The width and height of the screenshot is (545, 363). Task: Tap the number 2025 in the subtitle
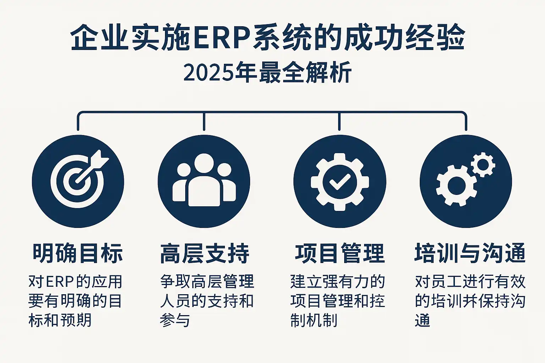[x=208, y=73]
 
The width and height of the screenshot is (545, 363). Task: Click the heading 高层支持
[x=205, y=253]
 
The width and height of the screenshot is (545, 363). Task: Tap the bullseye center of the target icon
[x=77, y=182]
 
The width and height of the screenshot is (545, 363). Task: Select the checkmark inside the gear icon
[x=340, y=181]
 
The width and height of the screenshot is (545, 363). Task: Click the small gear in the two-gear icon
[x=483, y=164]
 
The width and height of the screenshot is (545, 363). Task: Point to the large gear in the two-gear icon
[x=456, y=186]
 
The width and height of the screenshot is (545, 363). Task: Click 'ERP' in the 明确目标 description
[x=60, y=282]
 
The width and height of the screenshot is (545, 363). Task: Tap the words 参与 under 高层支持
[x=175, y=320]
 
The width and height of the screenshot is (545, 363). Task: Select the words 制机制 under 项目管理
[x=314, y=320]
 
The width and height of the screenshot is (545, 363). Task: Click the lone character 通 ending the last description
[x=422, y=320]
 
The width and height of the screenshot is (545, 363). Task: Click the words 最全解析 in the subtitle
[x=305, y=73]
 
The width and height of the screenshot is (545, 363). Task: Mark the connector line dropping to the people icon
[x=204, y=121]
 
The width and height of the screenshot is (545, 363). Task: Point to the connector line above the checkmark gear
[x=339, y=121]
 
